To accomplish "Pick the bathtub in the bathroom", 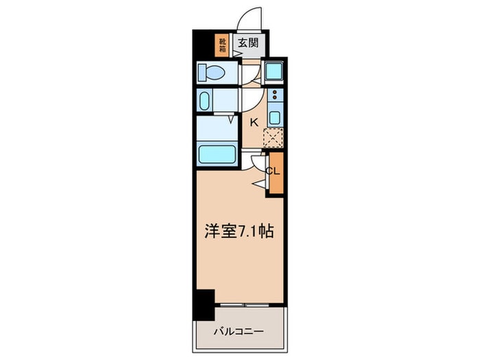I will click(216, 153).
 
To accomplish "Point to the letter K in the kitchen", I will click(253, 123).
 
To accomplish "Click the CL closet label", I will click(274, 171).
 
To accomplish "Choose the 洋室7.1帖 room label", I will click(238, 232).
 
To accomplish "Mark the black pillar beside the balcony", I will click(203, 304).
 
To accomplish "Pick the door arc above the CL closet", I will click(259, 162).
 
